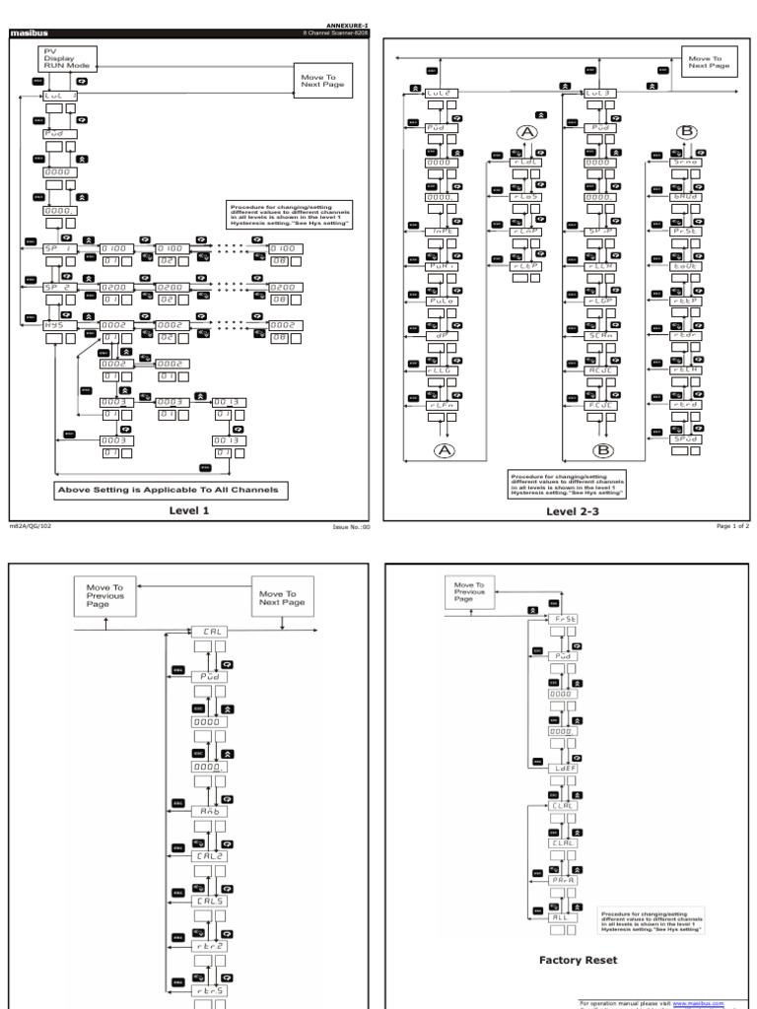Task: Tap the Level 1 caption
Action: (x=188, y=510)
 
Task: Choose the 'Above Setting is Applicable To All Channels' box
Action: (x=172, y=490)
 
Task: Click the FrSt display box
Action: (x=565, y=617)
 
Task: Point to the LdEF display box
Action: (x=565, y=768)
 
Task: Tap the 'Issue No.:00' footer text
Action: (x=352, y=528)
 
